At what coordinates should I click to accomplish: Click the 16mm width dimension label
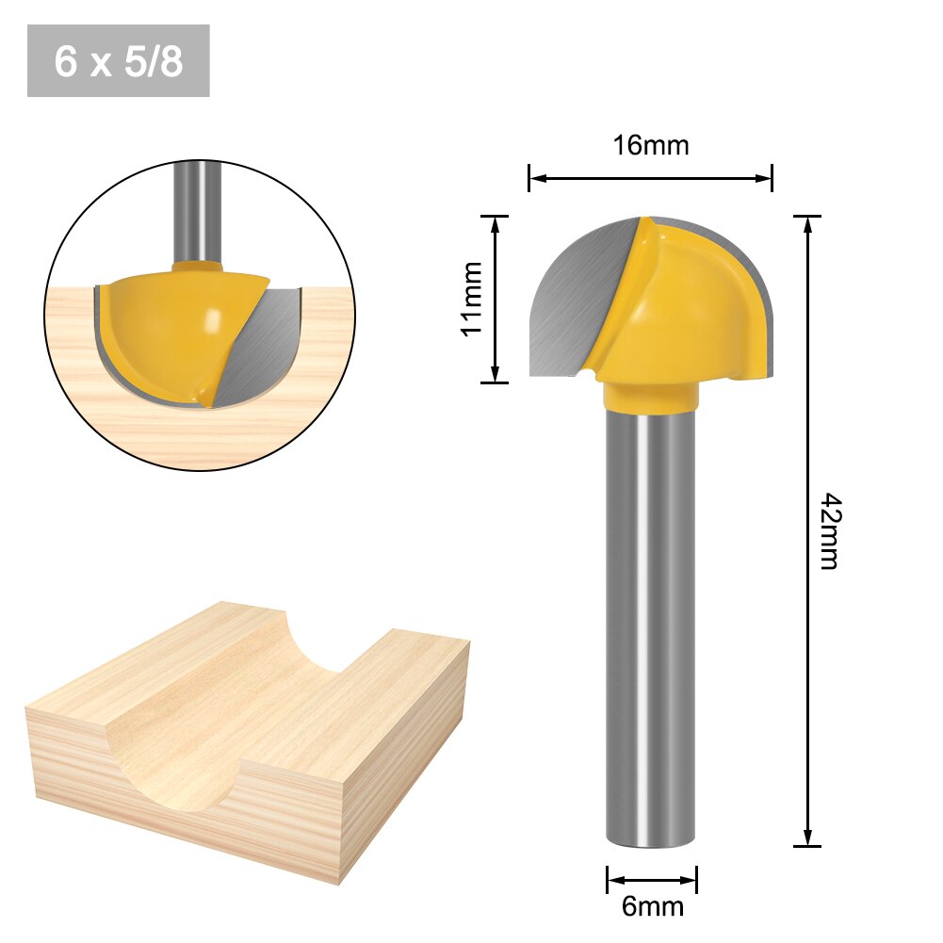click(650, 146)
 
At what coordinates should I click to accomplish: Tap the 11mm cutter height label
click(472, 298)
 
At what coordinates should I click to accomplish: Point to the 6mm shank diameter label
click(652, 907)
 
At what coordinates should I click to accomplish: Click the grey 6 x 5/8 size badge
click(118, 61)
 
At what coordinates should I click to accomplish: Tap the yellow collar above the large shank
click(651, 397)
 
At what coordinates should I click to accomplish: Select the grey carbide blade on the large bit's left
click(570, 301)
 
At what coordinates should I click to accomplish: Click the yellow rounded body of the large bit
click(697, 311)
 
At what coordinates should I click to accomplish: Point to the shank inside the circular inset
click(199, 212)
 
